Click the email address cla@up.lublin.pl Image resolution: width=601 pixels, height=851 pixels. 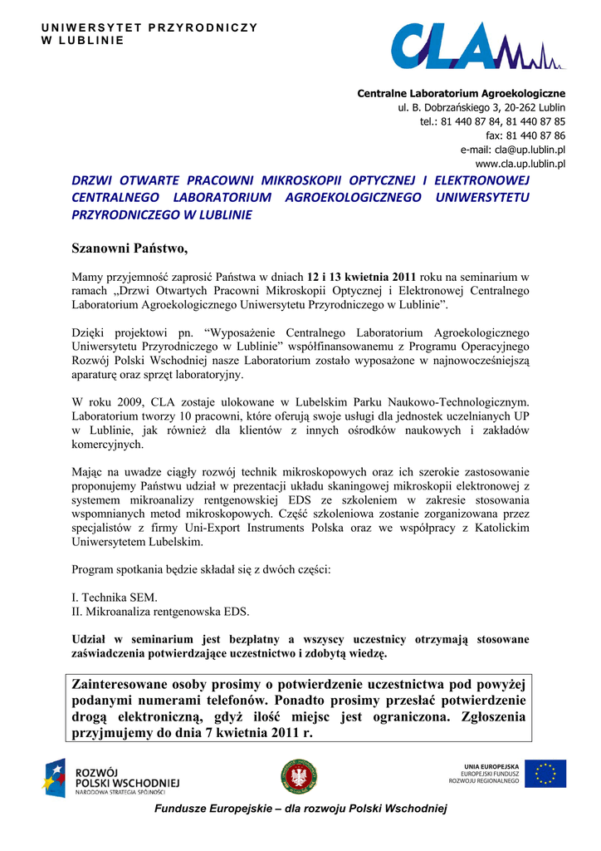pos(512,150)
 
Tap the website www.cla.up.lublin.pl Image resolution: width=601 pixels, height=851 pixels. pos(520,164)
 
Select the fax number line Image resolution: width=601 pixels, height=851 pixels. pos(525,135)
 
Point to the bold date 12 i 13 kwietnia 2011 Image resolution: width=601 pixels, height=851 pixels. pos(364,277)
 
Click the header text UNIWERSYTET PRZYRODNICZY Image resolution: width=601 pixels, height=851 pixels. pos(149,28)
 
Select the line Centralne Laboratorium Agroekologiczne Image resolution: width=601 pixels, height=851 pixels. pos(461,93)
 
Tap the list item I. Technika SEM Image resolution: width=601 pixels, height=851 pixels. pos(115,598)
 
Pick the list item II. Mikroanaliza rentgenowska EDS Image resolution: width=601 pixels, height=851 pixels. pos(160,612)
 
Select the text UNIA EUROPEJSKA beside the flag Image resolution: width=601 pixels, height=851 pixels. pos(491,765)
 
